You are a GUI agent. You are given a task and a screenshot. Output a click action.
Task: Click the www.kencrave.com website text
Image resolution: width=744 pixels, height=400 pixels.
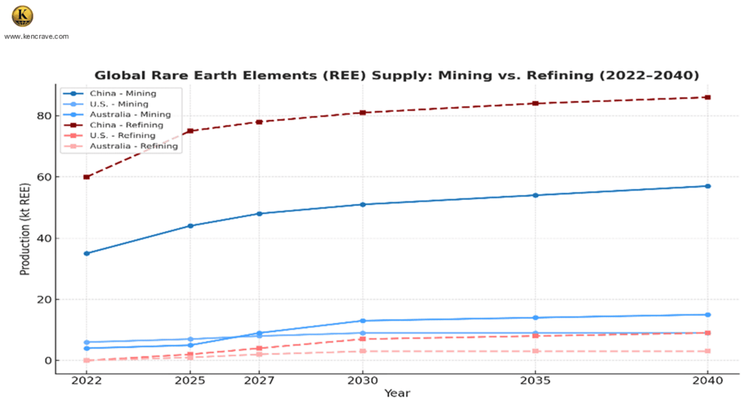pos(36,36)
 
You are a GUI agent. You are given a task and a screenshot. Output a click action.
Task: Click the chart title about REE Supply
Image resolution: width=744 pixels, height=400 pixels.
pos(397,75)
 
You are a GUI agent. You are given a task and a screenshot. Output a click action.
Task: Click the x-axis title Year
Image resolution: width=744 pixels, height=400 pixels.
pos(397,393)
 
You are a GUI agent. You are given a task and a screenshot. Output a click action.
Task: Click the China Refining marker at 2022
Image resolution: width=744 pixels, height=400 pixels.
pos(86,177)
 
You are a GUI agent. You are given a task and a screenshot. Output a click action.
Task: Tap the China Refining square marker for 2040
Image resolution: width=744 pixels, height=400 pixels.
pos(708,97)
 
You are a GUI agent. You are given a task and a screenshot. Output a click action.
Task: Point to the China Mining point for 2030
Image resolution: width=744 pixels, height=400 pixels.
pos(363,204)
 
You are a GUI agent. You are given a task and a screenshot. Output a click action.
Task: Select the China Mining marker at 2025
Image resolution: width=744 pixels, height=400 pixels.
pos(190,225)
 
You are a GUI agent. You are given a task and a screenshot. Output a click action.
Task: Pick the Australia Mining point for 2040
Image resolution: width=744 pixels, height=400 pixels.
pos(708,315)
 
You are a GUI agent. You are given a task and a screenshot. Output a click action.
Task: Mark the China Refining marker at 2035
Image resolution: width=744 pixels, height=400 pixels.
pos(535,103)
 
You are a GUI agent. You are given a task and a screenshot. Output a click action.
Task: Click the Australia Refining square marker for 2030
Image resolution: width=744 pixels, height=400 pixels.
pos(363,351)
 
